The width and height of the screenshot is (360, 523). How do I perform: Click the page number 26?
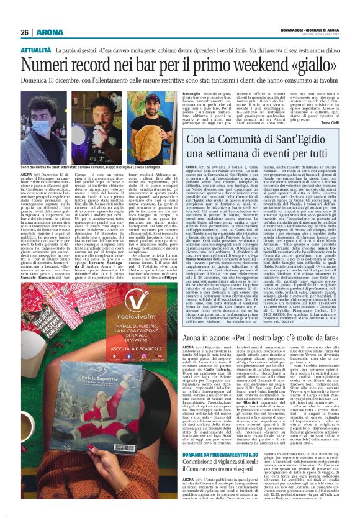pos(25,32)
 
